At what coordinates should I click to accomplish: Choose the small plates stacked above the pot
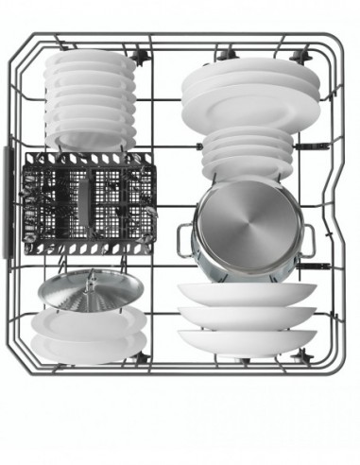point(248,151)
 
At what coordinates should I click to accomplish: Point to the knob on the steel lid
point(93,277)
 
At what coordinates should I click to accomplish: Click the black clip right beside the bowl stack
point(141,57)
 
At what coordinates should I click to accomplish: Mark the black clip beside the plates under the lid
point(141,357)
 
